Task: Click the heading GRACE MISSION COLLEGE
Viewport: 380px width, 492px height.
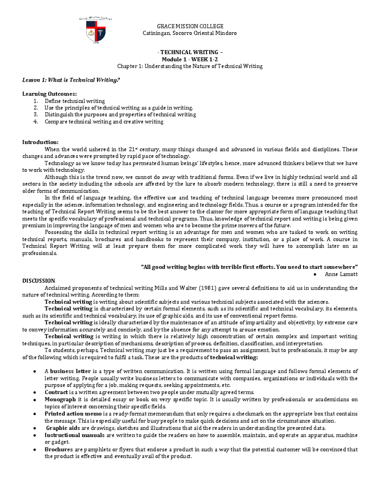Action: (x=190, y=26)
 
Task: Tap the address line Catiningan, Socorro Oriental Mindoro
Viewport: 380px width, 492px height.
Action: (x=190, y=33)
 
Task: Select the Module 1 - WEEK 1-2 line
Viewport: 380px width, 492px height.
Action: (x=190, y=59)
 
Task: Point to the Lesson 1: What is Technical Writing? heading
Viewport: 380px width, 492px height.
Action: (x=71, y=80)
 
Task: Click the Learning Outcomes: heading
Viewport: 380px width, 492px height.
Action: (x=49, y=94)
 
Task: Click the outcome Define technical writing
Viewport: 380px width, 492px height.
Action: (x=75, y=101)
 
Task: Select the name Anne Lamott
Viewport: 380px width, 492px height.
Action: (x=341, y=274)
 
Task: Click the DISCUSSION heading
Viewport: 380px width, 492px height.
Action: (x=39, y=281)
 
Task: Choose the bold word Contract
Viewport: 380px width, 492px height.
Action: (x=56, y=392)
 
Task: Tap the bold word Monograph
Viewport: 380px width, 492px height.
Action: (x=60, y=399)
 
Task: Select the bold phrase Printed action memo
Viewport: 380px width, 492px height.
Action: (x=73, y=414)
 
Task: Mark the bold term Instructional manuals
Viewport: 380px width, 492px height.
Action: (x=74, y=435)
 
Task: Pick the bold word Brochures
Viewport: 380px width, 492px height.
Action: (x=59, y=450)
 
